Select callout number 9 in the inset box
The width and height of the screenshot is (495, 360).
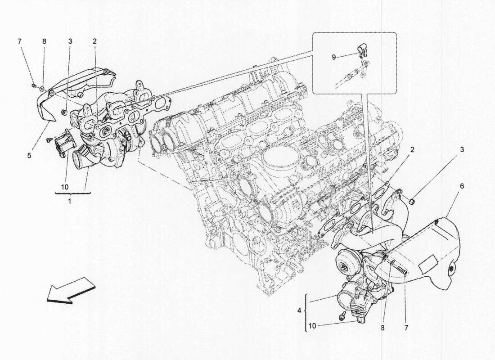333,57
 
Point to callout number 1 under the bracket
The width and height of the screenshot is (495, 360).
69,201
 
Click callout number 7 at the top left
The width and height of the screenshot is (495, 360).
19,41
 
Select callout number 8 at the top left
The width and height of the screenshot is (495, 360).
44,41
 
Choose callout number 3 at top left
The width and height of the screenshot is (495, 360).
70,41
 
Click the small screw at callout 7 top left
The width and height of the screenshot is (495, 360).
34,84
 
